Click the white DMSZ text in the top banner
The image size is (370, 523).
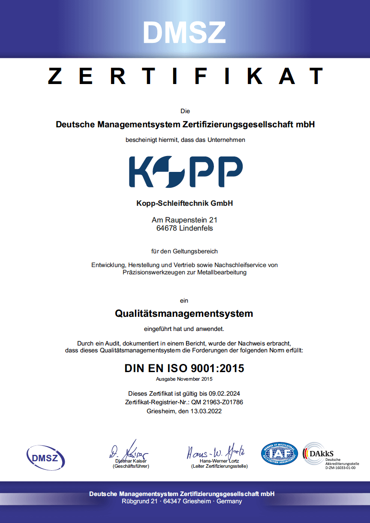click(184, 32)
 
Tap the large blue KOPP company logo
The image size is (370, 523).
click(186, 172)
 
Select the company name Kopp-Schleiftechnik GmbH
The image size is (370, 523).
click(184, 203)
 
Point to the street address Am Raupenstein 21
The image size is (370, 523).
click(184, 220)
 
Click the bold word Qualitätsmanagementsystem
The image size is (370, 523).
click(184, 313)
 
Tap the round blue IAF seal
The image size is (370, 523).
click(279, 454)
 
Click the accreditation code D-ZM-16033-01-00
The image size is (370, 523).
click(340, 468)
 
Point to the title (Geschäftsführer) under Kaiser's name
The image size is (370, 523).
click(131, 466)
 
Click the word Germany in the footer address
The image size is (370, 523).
click(229, 501)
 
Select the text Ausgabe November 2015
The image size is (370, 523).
click(184, 379)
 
